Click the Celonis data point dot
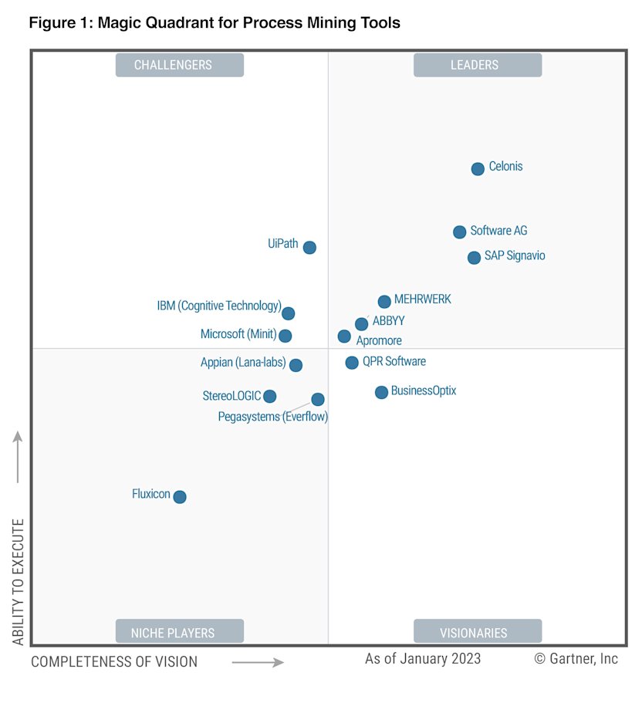478,168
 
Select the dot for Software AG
459,232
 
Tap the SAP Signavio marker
474,258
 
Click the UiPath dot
309,248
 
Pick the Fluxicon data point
180,497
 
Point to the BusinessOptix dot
381,393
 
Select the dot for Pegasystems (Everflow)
318,399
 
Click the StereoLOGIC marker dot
269,397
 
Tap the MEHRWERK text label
422,299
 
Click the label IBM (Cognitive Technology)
219,306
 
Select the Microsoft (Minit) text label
238,334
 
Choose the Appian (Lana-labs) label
243,363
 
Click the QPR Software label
394,361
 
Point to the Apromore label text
379,340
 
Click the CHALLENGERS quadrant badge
180,65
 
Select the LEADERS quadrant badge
477,65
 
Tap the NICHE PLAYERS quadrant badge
180,632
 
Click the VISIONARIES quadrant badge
477,632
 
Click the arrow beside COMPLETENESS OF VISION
258,661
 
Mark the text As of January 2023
423,658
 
